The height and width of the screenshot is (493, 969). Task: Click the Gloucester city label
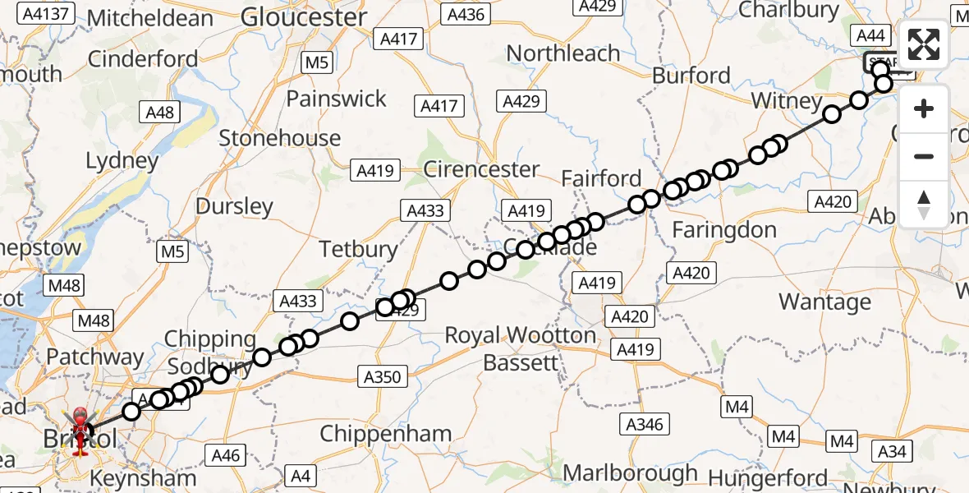[304, 17]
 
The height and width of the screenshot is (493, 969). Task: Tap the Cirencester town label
[481, 169]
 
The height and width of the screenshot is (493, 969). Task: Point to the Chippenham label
[385, 434]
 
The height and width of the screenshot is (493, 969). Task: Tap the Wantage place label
[824, 302]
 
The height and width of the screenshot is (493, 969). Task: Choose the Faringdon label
[724, 230]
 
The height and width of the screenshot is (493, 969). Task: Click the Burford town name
[691, 76]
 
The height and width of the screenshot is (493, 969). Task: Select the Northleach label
[563, 53]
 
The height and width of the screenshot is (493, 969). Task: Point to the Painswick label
[336, 99]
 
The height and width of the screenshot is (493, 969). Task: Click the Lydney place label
[122, 160]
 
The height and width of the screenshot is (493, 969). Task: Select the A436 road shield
[466, 14]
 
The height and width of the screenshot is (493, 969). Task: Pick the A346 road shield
[643, 424]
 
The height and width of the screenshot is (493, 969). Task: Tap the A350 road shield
[382, 377]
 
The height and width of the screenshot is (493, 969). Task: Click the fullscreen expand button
[924, 46]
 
